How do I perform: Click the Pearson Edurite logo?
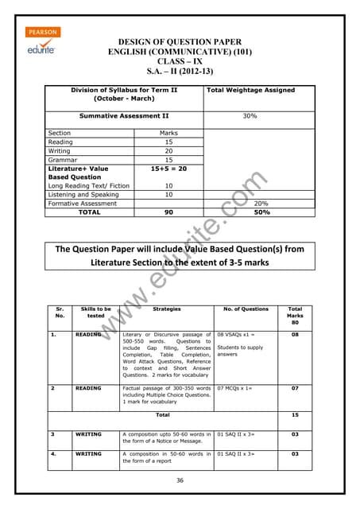click(44, 40)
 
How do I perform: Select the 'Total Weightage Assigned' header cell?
click(250, 91)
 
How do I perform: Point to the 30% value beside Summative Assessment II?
click(250, 116)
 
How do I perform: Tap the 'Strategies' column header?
click(166, 309)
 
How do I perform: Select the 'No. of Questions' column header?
click(246, 309)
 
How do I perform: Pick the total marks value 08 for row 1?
click(295, 336)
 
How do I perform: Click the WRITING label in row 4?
click(88, 454)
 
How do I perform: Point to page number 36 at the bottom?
click(180, 480)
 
